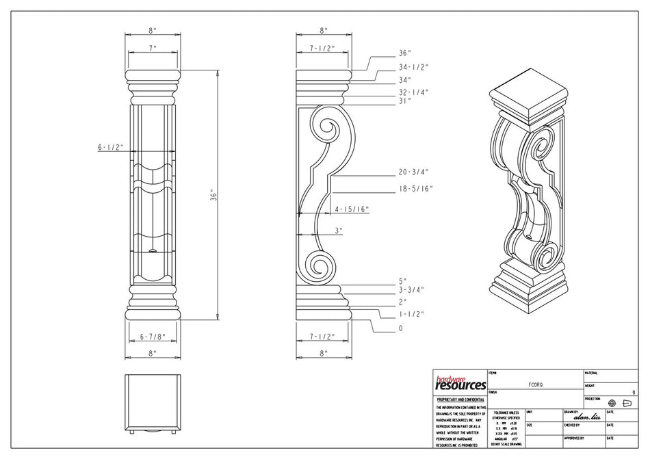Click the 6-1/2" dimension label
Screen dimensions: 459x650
110,147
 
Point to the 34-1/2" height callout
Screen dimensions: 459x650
413,67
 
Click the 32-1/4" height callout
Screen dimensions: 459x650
413,92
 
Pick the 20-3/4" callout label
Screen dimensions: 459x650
413,172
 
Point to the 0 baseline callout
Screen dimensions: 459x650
401,328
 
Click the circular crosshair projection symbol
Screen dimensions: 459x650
612,404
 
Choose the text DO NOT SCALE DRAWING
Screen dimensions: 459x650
506,444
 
